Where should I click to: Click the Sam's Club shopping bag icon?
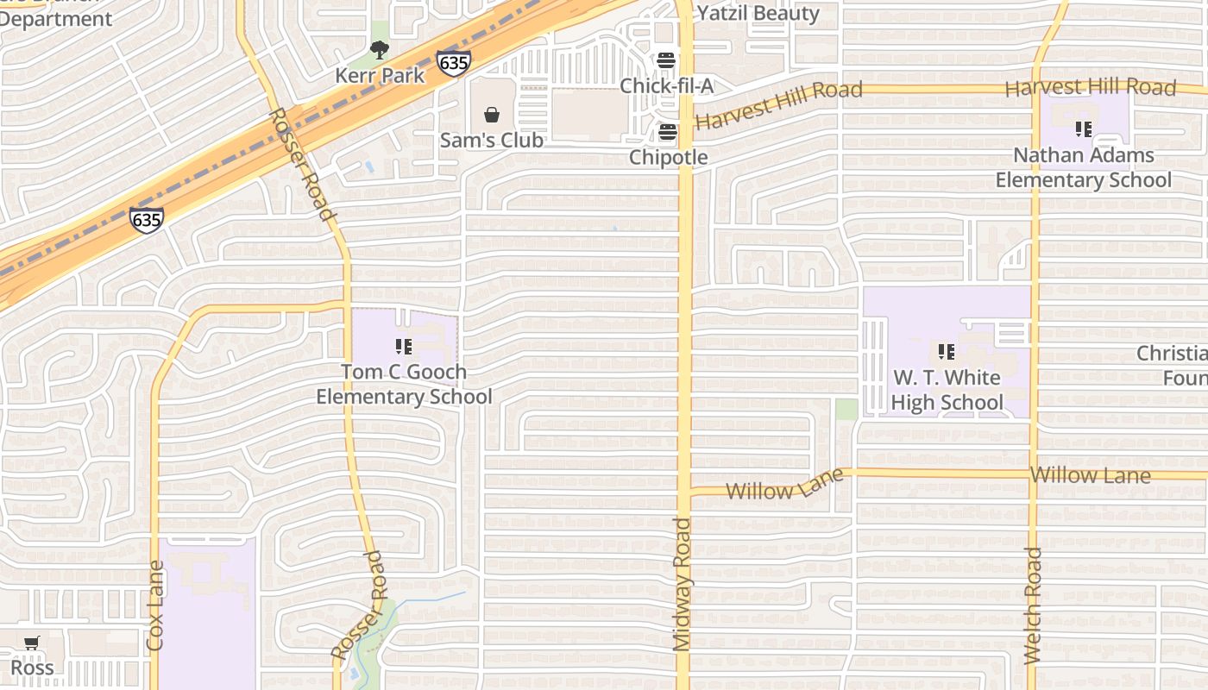492,115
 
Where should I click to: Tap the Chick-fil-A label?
667,86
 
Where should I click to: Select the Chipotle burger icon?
667,132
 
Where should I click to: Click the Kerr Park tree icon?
380,51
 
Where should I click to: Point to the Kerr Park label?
380,75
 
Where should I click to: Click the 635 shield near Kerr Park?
453,63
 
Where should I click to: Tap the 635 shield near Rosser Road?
147,219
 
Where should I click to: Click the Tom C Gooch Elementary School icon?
403,348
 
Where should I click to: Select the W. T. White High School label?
947,390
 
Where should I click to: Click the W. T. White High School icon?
947,352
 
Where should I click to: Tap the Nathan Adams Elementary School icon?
1083,129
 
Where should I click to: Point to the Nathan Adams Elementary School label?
1084,167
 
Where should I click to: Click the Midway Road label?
683,584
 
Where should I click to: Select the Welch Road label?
1033,605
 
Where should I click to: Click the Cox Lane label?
155,605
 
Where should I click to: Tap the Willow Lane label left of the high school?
783,486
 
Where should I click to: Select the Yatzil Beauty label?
758,13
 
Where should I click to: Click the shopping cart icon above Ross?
32,643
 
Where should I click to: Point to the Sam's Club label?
492,140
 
